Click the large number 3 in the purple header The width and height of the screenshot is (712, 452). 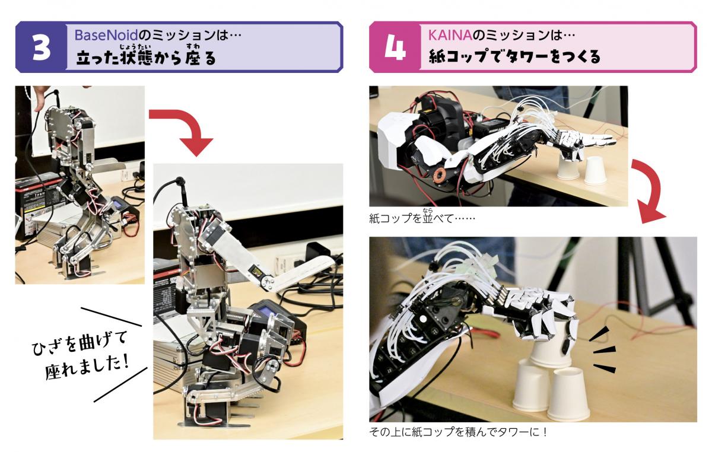(x=42, y=48)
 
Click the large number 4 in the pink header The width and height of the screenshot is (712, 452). (x=395, y=48)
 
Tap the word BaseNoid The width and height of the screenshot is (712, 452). (x=106, y=34)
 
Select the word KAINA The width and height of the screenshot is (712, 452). (x=450, y=35)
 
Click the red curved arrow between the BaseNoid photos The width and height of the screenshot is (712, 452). (x=187, y=127)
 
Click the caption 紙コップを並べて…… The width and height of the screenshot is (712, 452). (x=422, y=218)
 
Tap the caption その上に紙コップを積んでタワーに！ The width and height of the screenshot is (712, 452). (x=458, y=431)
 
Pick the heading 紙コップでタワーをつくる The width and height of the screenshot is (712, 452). (x=514, y=56)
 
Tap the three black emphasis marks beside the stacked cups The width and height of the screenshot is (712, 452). (x=603, y=349)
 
